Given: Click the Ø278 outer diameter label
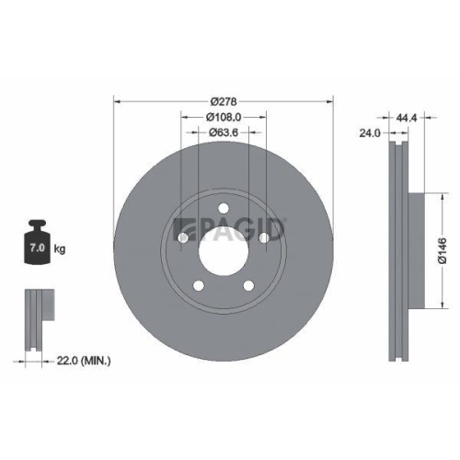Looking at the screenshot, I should tap(224, 100).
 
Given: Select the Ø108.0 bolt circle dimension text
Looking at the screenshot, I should tap(224, 118).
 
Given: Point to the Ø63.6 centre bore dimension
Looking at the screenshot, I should tap(224, 134).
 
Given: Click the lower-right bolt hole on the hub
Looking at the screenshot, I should tap(249, 288).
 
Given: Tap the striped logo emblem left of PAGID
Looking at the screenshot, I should tap(181, 228).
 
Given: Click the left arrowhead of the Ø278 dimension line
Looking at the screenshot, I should tap(118, 100).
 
